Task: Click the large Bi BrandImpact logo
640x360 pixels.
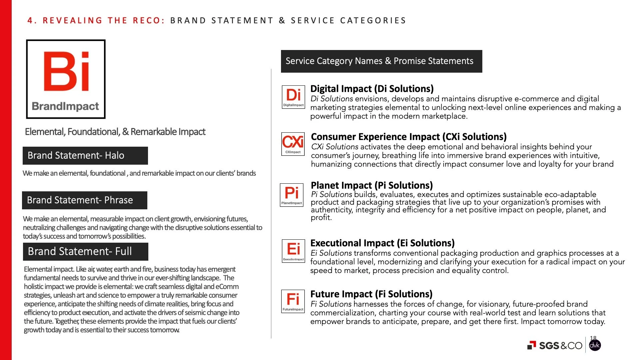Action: point(66,79)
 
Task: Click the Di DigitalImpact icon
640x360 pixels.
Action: point(293,97)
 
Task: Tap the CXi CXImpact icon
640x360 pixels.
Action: point(293,144)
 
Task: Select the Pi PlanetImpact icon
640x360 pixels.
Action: point(292,195)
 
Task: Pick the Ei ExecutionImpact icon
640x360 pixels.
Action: point(293,251)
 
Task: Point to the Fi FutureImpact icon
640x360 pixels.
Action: point(293,301)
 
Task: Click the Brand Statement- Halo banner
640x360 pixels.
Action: point(85,156)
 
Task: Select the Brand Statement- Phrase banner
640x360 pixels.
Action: point(84,200)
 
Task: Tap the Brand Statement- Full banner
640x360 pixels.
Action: point(85,252)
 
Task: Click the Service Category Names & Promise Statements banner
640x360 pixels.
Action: point(381,61)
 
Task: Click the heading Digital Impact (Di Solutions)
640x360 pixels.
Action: point(372,89)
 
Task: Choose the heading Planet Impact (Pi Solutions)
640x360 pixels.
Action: point(372,185)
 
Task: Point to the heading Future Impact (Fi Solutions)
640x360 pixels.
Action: point(371,294)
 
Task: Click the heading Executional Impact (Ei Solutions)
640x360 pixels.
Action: point(382,243)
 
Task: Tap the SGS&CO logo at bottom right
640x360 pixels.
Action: point(555,346)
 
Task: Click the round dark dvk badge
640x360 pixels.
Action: point(595,346)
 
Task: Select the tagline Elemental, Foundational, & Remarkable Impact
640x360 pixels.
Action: point(115,132)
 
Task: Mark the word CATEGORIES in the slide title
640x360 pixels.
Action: point(373,21)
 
